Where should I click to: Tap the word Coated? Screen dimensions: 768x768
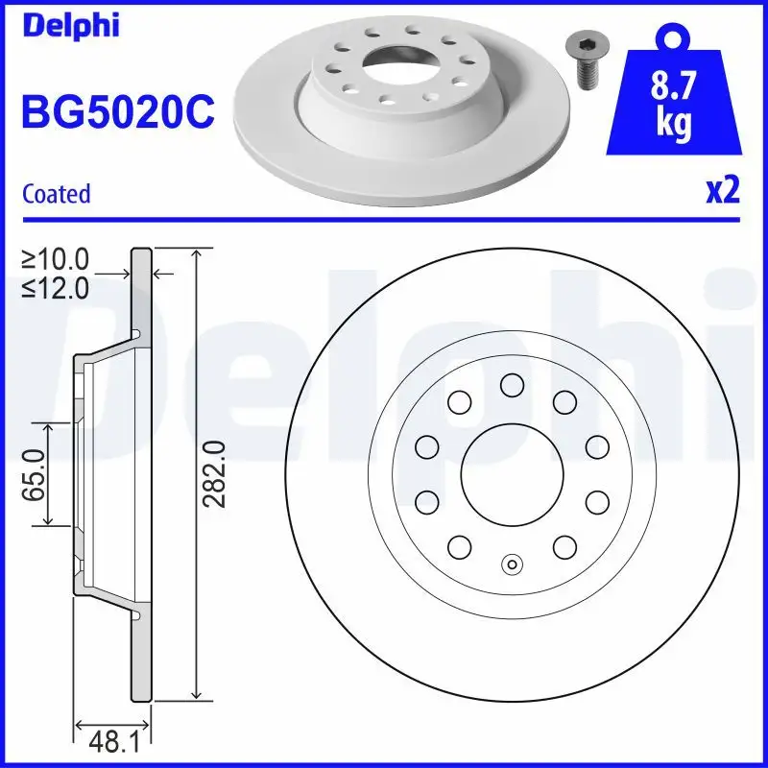(x=56, y=194)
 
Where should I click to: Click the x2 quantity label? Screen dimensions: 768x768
(x=722, y=191)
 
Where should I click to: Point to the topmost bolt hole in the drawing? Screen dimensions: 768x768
(x=512, y=385)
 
